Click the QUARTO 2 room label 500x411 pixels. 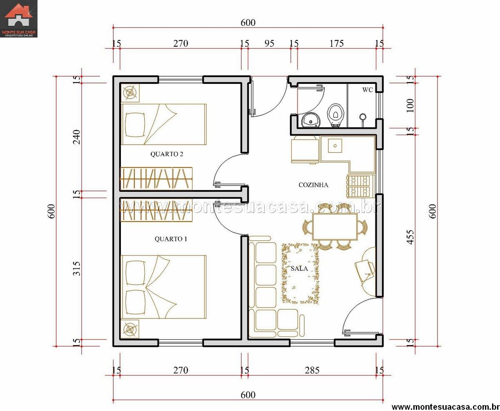tap(167, 154)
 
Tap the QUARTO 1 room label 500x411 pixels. tap(171, 239)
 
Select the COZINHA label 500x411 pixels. tap(313, 185)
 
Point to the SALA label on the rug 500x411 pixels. tap(299, 268)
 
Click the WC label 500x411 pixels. tap(367, 90)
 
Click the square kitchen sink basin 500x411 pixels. tap(335, 145)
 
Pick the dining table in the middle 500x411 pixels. tap(335, 227)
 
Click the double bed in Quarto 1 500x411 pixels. tap(164, 287)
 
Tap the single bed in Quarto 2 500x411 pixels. tap(164, 124)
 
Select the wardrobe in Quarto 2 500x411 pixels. tap(156, 178)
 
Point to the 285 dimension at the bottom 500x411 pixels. tap(312, 370)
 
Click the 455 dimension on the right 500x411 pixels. tap(410, 237)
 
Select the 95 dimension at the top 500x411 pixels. tap(269, 43)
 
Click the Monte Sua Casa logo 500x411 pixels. tap(19, 19)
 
